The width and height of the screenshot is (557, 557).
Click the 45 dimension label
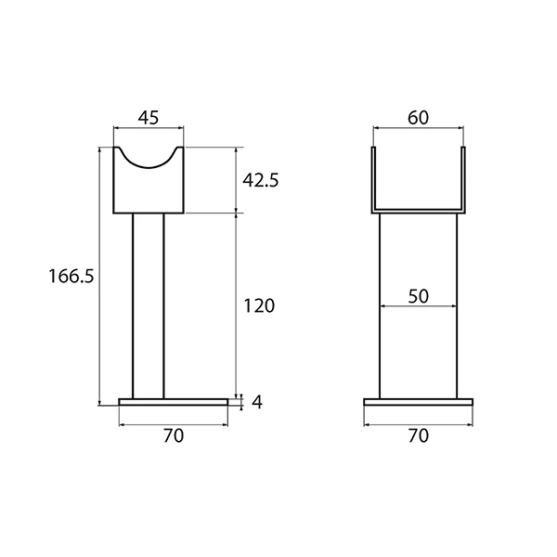click(149, 118)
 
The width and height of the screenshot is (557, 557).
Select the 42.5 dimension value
click(260, 180)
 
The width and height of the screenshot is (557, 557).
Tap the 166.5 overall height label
click(71, 276)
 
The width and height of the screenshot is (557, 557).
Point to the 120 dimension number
click(259, 305)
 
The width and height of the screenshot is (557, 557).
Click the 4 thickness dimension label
click(257, 402)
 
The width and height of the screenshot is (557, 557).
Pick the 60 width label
click(418, 118)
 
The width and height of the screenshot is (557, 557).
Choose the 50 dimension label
click(418, 296)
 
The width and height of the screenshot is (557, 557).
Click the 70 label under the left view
click(174, 436)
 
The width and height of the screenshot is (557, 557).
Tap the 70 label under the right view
click(418, 436)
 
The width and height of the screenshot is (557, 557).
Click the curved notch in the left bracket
click(149, 167)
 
